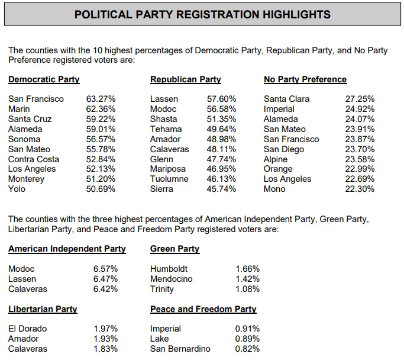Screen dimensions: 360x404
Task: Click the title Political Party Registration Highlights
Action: (202, 14)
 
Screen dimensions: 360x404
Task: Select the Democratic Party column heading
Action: (44, 79)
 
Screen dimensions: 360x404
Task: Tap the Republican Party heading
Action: (185, 79)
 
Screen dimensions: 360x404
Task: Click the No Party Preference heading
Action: (305, 79)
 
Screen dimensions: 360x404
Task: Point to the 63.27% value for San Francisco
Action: (101, 99)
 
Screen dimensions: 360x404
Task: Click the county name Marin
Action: (19, 109)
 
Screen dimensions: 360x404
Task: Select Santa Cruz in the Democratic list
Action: (30, 119)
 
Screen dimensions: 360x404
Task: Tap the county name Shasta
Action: (163, 119)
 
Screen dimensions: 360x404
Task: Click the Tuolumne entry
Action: (169, 179)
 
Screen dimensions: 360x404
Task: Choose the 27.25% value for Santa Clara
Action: (360, 99)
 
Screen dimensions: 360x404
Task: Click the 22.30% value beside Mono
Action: (360, 189)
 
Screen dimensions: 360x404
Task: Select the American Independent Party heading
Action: (67, 249)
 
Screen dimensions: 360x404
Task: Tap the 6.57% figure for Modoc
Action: (105, 269)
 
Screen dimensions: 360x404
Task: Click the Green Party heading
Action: (174, 249)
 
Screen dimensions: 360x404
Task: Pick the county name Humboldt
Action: (169, 269)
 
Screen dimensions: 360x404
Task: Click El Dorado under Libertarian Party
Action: (27, 329)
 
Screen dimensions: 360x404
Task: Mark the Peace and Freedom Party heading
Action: (203, 309)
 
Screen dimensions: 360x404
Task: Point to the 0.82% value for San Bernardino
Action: (247, 349)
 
